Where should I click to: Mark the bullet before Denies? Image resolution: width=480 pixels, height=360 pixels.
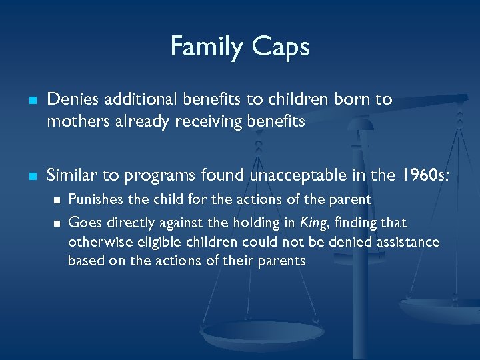pyautogui.click(x=31, y=101)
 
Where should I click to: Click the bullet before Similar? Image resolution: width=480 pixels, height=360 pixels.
pyautogui.click(x=31, y=177)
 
